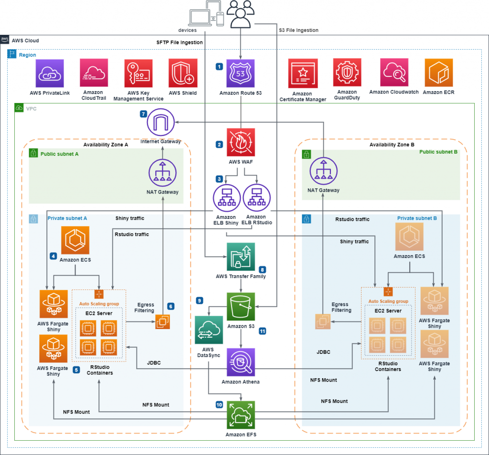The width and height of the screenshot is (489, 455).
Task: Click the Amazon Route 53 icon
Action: (x=241, y=73)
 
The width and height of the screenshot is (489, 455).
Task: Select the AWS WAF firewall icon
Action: (x=241, y=142)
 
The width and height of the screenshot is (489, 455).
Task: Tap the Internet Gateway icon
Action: (x=161, y=122)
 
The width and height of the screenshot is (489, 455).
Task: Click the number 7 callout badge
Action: (x=143, y=114)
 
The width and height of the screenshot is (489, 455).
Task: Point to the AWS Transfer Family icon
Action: (x=241, y=257)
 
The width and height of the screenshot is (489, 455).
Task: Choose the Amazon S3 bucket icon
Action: (x=241, y=306)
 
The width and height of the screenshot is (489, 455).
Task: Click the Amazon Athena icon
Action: (x=241, y=362)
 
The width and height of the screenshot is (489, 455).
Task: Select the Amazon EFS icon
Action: (x=241, y=414)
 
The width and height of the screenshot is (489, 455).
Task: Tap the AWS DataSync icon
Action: (x=209, y=330)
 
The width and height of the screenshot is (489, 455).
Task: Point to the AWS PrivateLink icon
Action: (x=50, y=73)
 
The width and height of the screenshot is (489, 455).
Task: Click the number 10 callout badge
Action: (x=219, y=404)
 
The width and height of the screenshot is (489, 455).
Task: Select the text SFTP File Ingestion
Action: (x=180, y=42)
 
